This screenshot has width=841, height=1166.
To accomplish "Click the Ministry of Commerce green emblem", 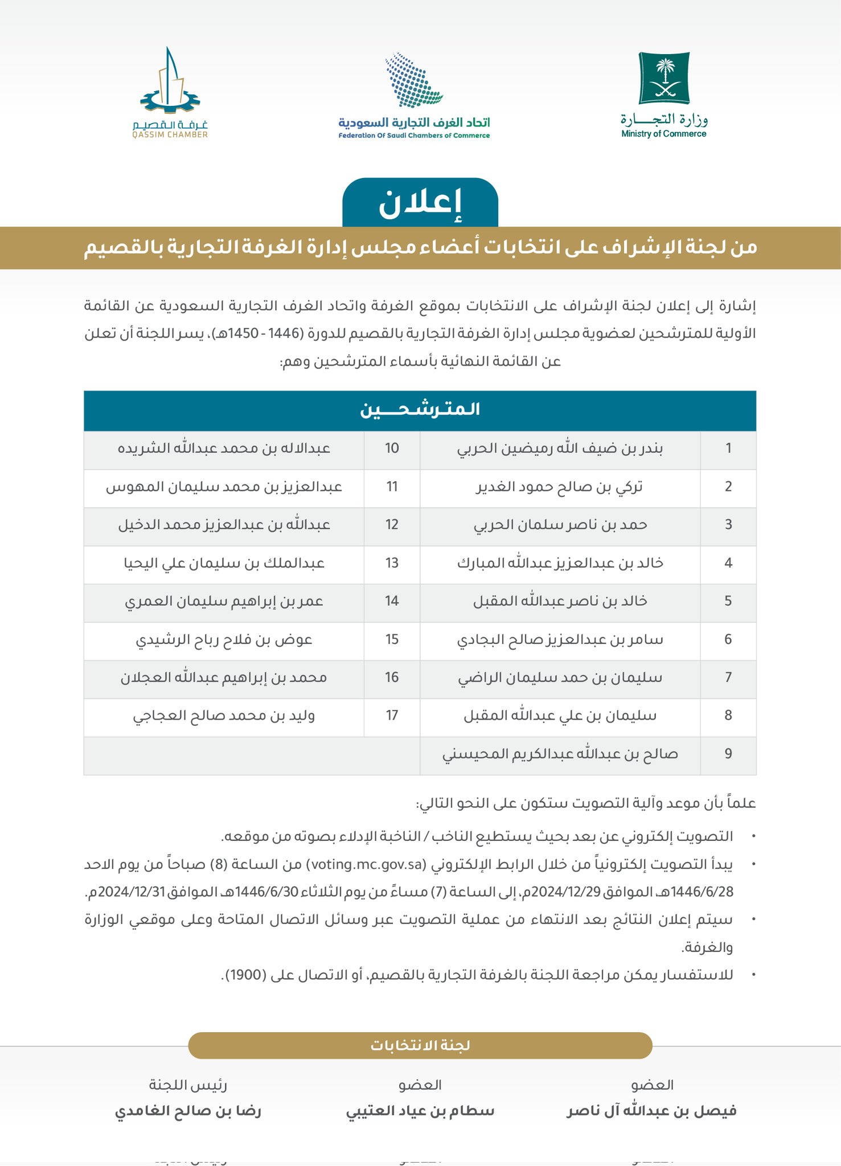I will coord(664,78).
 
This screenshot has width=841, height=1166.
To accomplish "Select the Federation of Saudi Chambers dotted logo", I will coord(414,80).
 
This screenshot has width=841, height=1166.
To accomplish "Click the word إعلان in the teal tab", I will coord(420,204).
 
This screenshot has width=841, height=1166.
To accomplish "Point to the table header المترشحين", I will coord(420,410).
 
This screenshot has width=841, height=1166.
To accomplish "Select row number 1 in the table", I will coord(728,449).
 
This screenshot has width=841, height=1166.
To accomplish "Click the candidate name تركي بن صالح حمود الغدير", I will coord(559,487).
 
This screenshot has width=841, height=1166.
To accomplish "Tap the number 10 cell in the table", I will coord(392,449).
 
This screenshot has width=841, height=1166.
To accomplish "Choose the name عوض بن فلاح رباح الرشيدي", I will coord(224,640).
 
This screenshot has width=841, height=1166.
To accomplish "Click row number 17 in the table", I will coord(392,716).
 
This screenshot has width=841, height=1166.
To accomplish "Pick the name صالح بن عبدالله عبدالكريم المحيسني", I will coord(560,754).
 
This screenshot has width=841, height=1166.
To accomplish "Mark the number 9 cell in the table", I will coord(728,754).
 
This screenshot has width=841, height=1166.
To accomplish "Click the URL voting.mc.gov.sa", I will coord(366,865).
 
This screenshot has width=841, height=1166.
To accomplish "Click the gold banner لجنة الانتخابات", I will coord(420,1046).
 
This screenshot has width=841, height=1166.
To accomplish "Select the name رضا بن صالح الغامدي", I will coord(188,1111).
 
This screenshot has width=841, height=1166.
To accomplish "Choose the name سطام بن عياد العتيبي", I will coord(420,1111).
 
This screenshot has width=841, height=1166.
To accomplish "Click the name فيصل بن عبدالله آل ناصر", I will coord(651,1111).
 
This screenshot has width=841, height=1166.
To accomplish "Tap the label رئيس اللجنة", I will coord(188,1085).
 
